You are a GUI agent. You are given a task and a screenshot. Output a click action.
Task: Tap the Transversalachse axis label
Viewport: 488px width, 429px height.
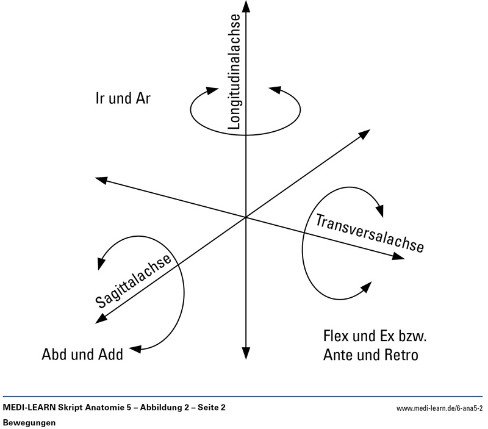coord(370,233)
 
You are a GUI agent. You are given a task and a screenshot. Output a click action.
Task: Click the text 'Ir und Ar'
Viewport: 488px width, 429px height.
coord(123,99)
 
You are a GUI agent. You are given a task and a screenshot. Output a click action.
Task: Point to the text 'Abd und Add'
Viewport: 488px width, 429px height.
coord(82,354)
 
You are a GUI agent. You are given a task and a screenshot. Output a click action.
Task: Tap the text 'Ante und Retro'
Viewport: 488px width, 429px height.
coord(371,355)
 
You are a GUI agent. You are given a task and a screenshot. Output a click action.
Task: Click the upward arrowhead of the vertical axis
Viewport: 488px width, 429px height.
coord(245,6)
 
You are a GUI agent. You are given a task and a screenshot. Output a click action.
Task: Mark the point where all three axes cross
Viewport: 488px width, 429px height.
coord(245,217)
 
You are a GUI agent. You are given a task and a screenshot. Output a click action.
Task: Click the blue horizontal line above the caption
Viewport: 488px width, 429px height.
coord(244,397)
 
